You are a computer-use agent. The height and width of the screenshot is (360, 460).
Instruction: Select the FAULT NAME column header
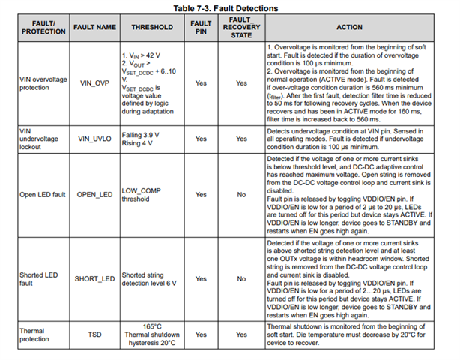[x=94, y=26]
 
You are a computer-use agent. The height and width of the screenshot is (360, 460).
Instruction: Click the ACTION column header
[x=349, y=26]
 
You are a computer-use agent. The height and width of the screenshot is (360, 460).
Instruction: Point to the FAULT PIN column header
[x=201, y=26]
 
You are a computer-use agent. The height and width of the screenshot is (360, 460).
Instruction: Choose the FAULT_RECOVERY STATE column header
[x=241, y=26]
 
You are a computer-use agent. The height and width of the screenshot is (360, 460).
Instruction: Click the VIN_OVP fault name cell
[x=94, y=84]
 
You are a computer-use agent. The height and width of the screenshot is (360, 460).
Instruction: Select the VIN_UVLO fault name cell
[x=94, y=139]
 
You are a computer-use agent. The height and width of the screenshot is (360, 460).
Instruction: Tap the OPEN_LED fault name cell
[x=94, y=195]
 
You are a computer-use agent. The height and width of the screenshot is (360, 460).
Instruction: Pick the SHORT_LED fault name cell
[x=94, y=278]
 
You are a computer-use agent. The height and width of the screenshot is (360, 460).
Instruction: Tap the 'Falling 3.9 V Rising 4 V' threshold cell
[x=143, y=139]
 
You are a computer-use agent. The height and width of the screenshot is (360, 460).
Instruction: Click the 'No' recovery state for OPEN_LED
[x=241, y=195]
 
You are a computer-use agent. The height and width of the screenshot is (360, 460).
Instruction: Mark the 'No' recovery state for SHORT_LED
[x=241, y=278]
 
